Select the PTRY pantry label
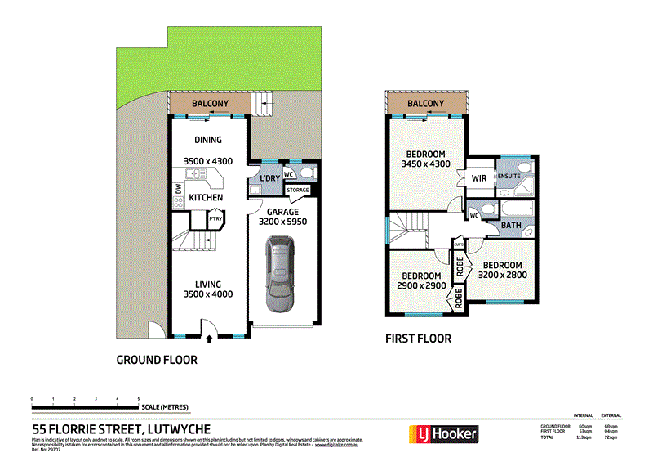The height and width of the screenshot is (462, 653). [216, 218]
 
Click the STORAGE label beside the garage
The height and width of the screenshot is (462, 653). [298, 191]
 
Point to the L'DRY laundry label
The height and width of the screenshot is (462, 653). [269, 177]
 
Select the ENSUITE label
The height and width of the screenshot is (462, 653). [510, 176]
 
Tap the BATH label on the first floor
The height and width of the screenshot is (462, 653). [511, 226]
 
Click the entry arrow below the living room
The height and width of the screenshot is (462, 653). [210, 338]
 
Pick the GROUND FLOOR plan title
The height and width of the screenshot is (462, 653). [157, 359]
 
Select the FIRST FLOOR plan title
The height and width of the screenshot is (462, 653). [418, 338]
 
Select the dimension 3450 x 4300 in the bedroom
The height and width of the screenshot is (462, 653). [425, 165]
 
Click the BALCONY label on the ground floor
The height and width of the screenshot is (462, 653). [209, 104]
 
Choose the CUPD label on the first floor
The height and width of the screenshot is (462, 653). [459, 242]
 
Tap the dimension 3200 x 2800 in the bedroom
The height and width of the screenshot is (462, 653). [502, 276]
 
